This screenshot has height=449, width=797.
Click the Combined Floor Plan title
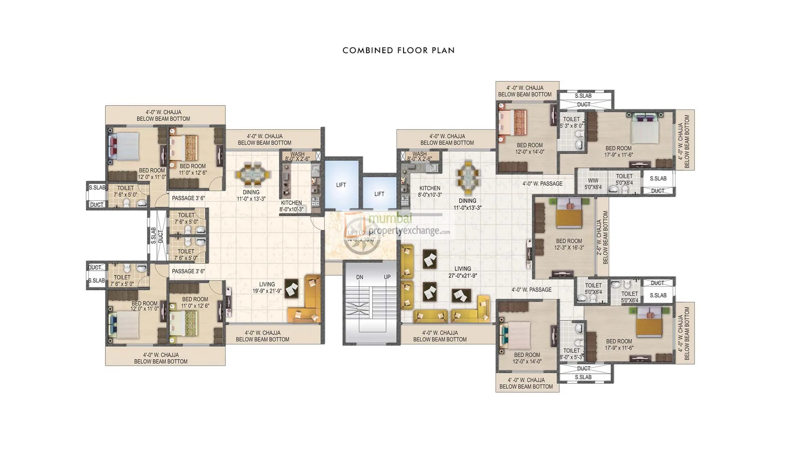(398, 50)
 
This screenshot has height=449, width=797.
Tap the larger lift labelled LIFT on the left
(341, 185)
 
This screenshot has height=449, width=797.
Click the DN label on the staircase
(359, 277)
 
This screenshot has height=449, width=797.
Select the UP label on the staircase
(387, 277)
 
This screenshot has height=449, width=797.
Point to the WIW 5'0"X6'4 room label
(593, 183)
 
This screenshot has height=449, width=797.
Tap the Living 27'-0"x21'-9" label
(462, 272)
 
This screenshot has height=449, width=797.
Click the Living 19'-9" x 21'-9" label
(267, 288)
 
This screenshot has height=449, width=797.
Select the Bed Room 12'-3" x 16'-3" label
(569, 244)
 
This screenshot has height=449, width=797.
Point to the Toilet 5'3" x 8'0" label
(571, 122)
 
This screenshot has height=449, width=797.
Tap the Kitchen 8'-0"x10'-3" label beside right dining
(430, 191)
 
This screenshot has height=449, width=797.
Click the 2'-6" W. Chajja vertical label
(602, 237)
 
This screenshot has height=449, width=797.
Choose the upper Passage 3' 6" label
(188, 198)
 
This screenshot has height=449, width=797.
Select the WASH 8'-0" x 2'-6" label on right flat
(419, 156)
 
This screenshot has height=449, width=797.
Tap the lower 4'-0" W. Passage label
(531, 290)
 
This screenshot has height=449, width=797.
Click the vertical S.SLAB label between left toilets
(153, 236)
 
